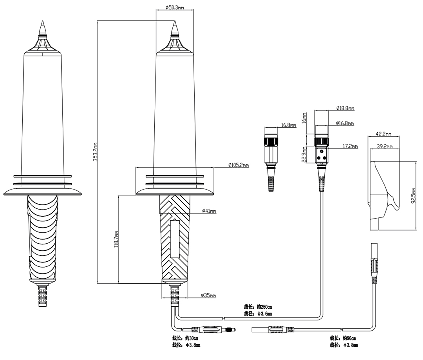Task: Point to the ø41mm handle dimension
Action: [209, 211]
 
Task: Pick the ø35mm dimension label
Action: [208, 295]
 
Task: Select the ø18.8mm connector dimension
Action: [345, 108]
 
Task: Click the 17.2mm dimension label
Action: [350, 147]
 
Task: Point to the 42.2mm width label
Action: [383, 134]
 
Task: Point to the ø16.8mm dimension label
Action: [345, 123]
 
